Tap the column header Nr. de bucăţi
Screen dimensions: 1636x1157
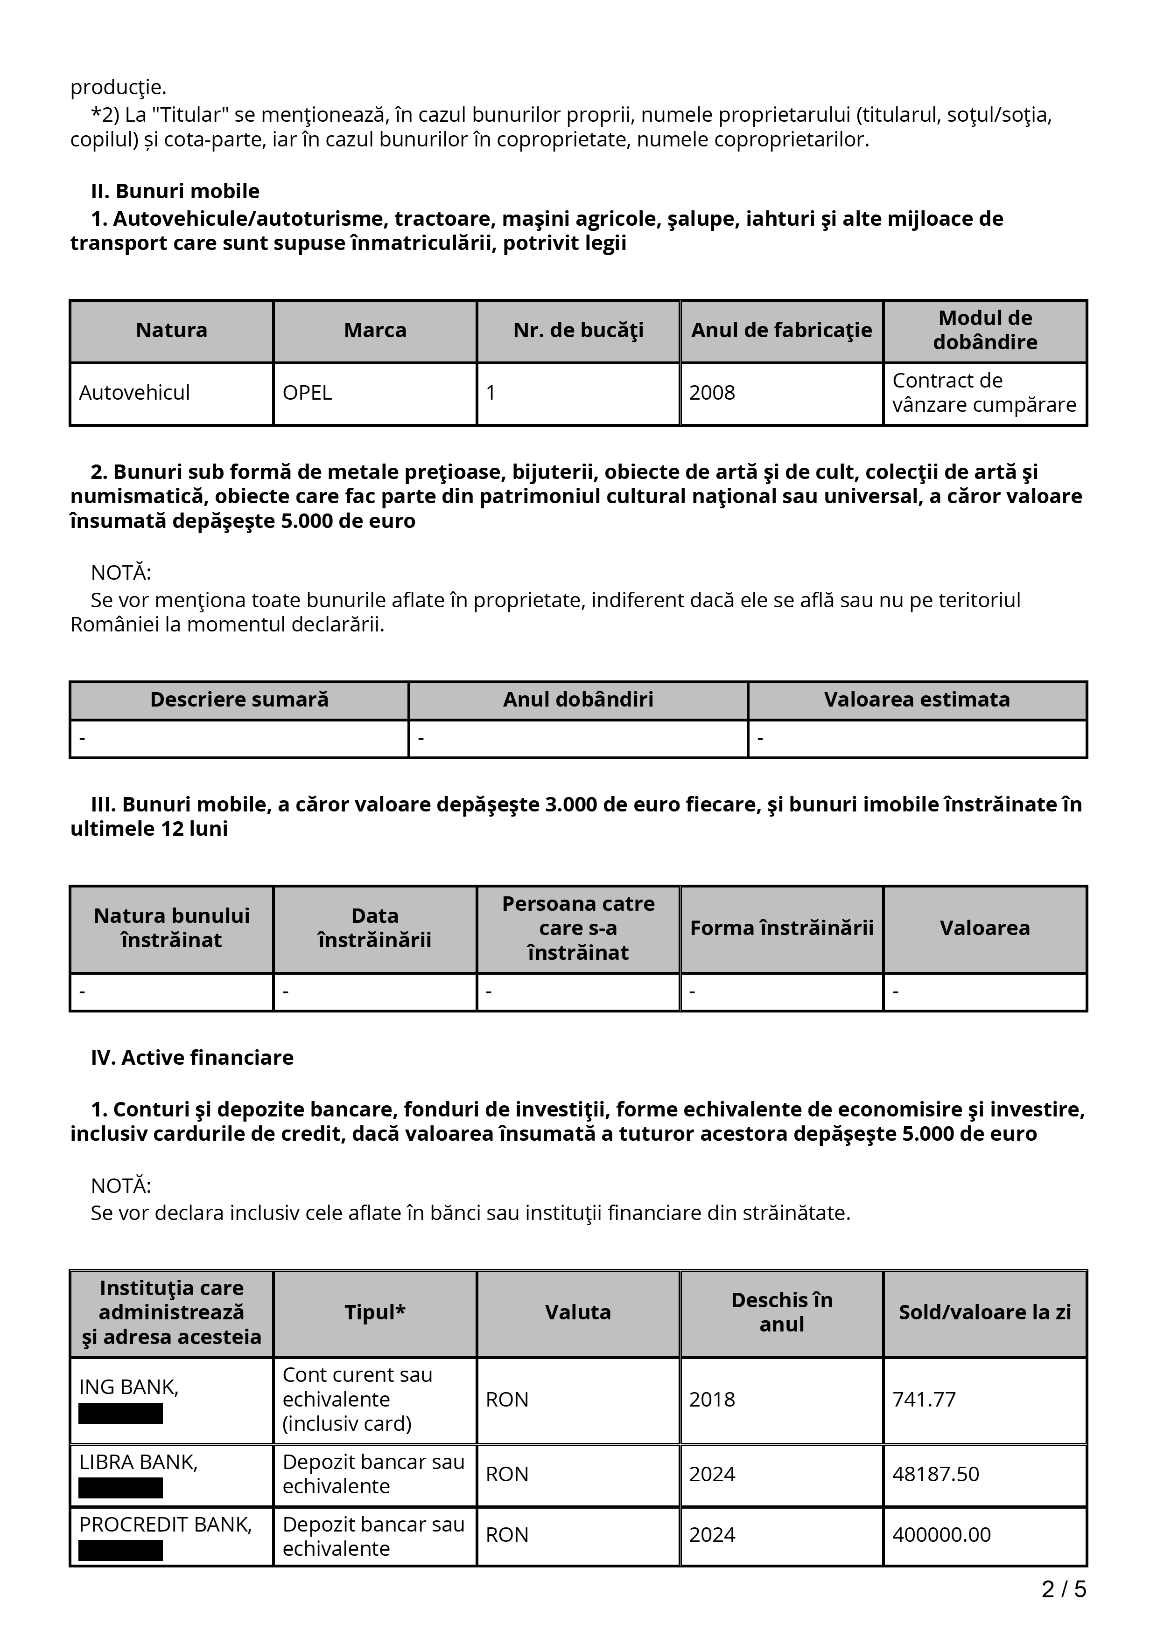(x=578, y=331)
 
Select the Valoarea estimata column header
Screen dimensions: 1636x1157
(x=917, y=700)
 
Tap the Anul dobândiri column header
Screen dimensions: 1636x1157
(x=578, y=700)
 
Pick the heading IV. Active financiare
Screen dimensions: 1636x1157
(x=192, y=1057)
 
